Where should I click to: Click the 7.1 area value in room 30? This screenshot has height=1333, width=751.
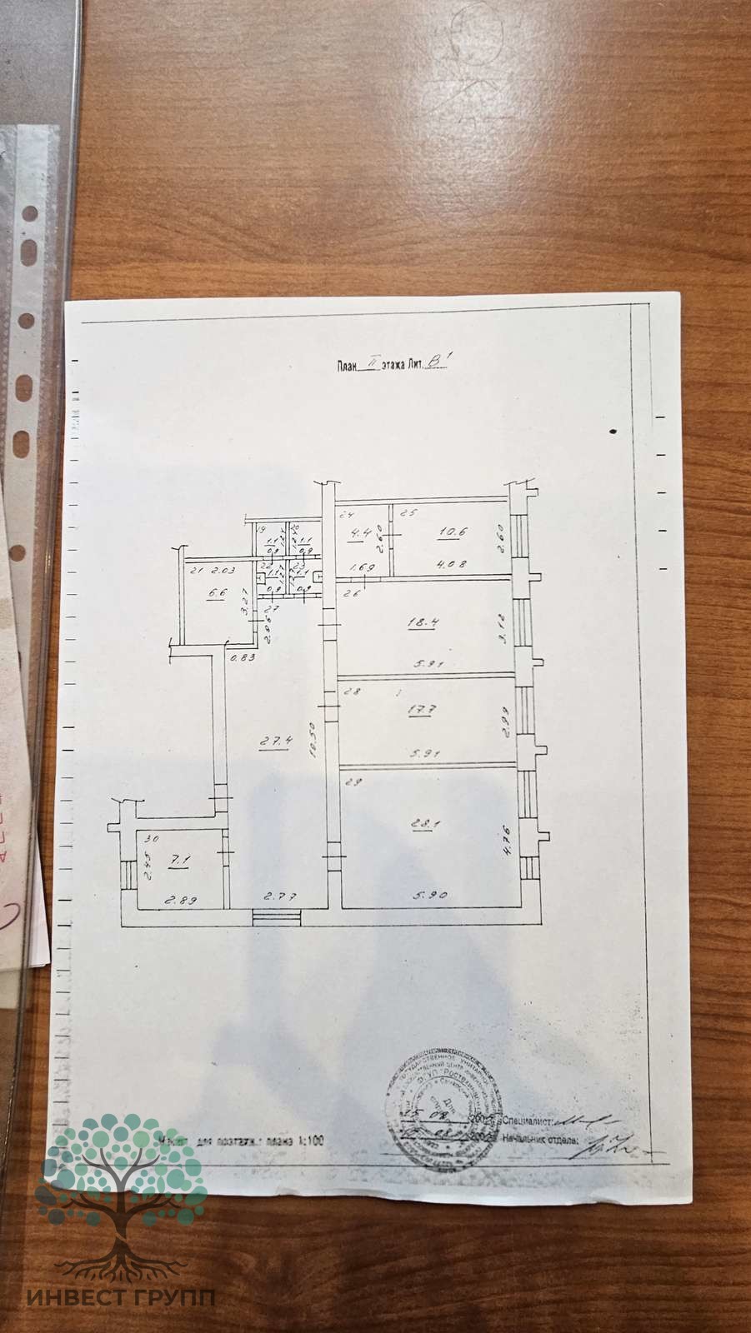point(177,861)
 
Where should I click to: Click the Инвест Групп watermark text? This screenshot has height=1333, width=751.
point(120,1298)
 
